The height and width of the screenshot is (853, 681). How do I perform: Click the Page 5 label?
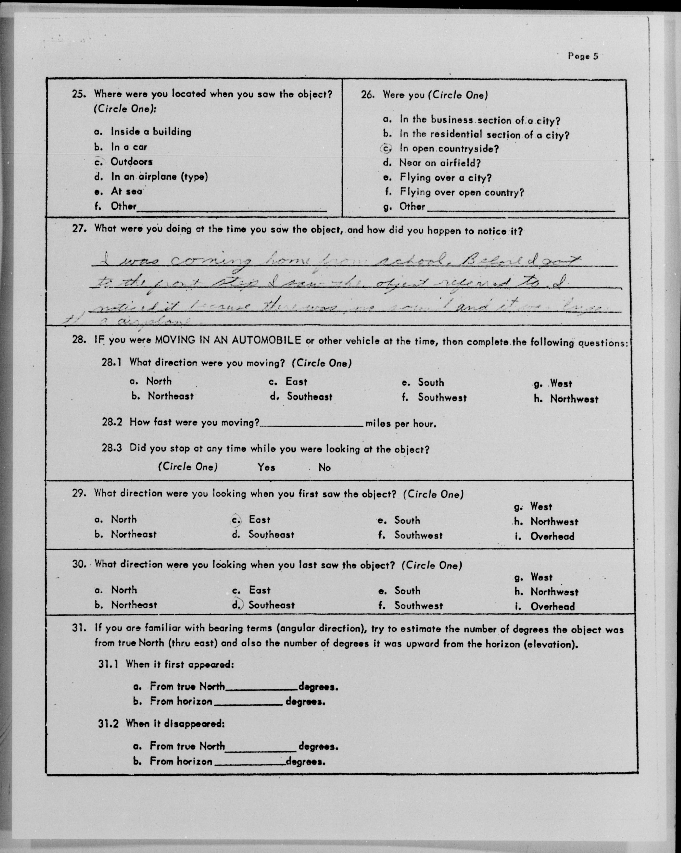click(x=583, y=56)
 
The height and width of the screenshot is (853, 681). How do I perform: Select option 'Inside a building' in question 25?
click(x=151, y=132)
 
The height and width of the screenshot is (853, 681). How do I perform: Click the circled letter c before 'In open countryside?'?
click(x=386, y=149)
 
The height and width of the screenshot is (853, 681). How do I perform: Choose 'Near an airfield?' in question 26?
click(x=440, y=163)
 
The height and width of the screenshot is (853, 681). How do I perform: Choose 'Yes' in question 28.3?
click(x=266, y=467)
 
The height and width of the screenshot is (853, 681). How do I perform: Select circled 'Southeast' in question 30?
click(x=271, y=605)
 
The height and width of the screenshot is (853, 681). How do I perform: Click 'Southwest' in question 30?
click(x=418, y=606)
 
